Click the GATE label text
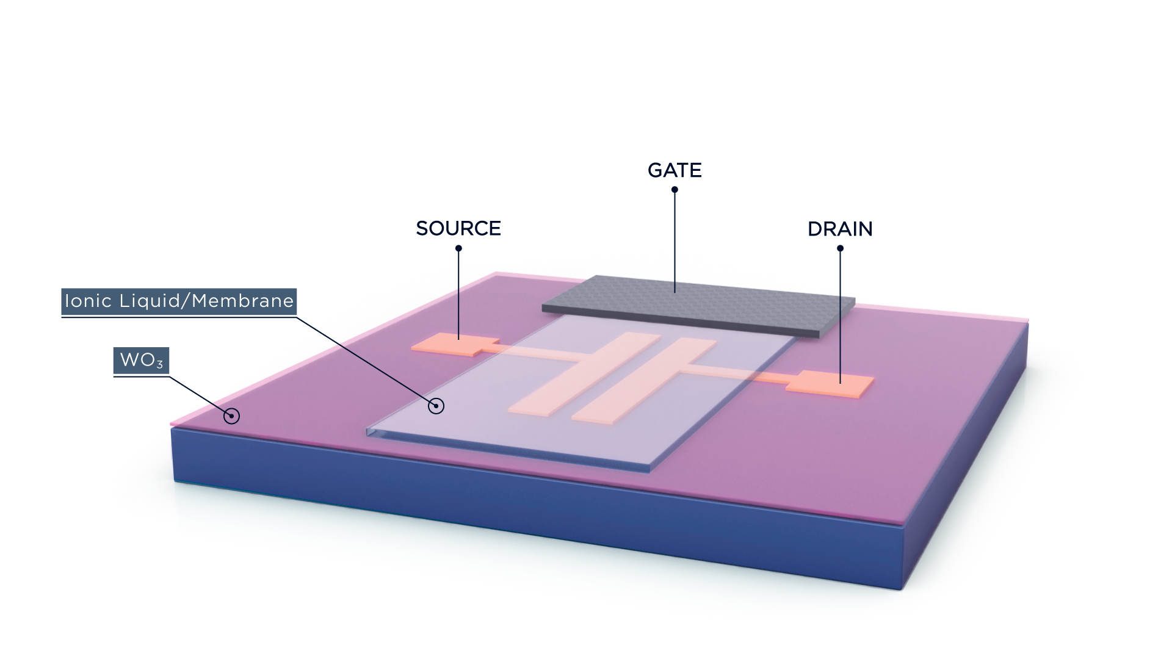pyautogui.click(x=675, y=170)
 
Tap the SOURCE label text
pyautogui.click(x=458, y=228)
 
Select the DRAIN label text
pyautogui.click(x=840, y=229)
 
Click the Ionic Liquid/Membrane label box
pyautogui.click(x=179, y=301)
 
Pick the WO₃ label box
pyautogui.click(x=141, y=361)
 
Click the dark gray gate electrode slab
pyautogui.click(x=696, y=306)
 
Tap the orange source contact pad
pyautogui.click(x=455, y=345)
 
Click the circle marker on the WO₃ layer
pyautogui.click(x=231, y=416)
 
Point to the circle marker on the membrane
pyautogui.click(x=436, y=406)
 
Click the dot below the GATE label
pyautogui.click(x=675, y=189)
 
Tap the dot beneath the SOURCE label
pyautogui.click(x=458, y=248)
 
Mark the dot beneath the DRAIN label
pyautogui.click(x=840, y=248)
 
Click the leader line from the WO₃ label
pyautogui.click(x=195, y=394)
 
